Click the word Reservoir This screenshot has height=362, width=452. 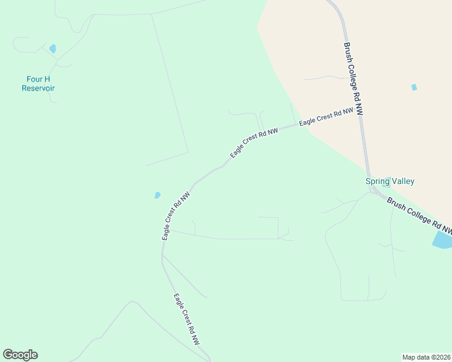[x=38, y=88]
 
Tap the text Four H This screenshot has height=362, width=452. [x=38, y=79]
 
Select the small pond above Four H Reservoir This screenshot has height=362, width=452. [x=53, y=49]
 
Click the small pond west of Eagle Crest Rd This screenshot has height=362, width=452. [x=158, y=195]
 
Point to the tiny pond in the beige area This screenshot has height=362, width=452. [x=414, y=87]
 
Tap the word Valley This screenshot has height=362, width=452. [x=402, y=181]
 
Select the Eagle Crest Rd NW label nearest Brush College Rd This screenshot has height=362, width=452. [x=326, y=116]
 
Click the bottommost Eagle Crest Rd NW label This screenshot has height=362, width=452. [x=187, y=319]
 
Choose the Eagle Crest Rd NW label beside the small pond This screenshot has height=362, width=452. [x=176, y=216]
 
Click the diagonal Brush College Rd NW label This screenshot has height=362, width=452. [x=419, y=216]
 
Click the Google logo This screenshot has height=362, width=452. [x=20, y=355]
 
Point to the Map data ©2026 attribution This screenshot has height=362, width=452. [x=427, y=357]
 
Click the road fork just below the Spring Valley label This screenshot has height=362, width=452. [x=371, y=191]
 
